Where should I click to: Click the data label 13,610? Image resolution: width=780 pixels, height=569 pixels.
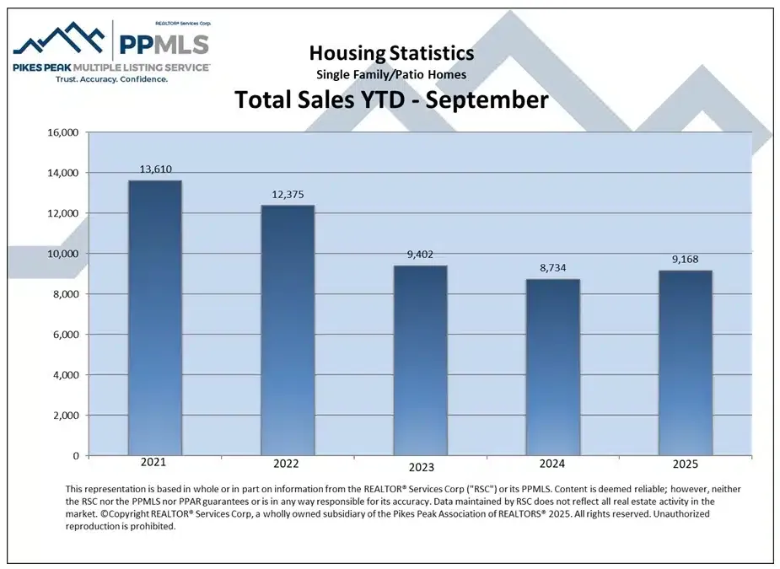[154, 169]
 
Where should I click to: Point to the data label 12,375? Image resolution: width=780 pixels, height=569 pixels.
[287, 194]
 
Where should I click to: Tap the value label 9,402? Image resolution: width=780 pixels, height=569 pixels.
[420, 255]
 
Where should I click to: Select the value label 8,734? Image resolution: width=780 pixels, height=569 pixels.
[553, 268]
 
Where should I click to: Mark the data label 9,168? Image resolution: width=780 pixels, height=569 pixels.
[686, 260]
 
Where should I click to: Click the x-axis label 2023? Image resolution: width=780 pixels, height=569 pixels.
[420, 467]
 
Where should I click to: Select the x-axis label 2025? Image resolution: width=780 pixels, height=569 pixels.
[686, 465]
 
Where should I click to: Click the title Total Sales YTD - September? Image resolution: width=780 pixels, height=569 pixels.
[391, 99]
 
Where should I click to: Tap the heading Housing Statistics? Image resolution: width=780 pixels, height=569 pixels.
[391, 54]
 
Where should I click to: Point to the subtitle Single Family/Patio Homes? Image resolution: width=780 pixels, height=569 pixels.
[391, 75]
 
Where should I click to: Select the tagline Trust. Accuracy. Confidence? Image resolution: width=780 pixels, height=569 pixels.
[111, 78]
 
